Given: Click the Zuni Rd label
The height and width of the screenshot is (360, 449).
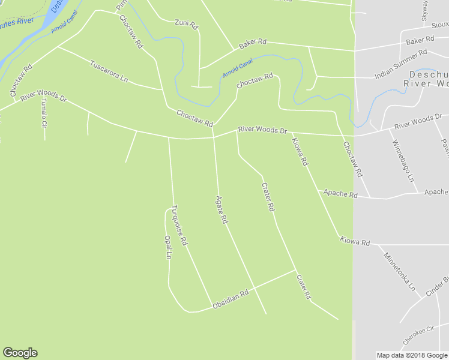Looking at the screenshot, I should [x=186, y=24].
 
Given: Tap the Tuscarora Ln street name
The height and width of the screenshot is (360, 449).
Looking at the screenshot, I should [x=109, y=71].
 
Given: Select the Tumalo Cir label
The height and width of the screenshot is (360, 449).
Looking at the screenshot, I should [x=43, y=113].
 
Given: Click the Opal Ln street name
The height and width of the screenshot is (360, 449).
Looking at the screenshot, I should [x=168, y=247].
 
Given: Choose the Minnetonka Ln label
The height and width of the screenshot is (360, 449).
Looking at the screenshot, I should [x=400, y=271].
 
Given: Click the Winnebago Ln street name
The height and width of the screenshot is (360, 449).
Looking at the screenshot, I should [x=403, y=161].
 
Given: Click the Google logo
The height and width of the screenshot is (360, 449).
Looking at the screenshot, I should [x=20, y=353].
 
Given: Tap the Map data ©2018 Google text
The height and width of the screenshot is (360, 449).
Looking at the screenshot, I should [x=412, y=355].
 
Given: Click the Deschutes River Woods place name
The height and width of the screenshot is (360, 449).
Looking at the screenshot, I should [x=429, y=79].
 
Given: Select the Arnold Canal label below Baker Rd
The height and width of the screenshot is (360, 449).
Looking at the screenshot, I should [x=238, y=70].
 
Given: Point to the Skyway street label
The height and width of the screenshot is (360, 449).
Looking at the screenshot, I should [x=424, y=10].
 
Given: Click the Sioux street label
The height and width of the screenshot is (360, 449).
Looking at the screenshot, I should [x=440, y=25].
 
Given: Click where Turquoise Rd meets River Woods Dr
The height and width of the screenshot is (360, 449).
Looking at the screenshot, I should [x=169, y=138].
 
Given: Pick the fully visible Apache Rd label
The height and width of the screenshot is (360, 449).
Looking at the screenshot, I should [x=340, y=194].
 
